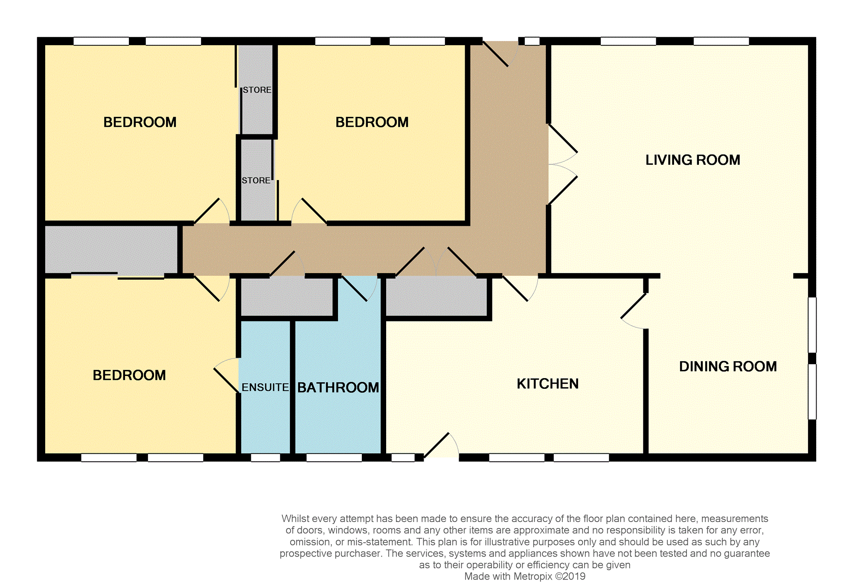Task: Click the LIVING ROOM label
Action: click(692, 160)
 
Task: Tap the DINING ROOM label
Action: click(728, 367)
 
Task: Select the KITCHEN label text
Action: click(547, 384)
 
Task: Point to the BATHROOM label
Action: click(338, 388)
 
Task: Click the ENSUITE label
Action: click(265, 387)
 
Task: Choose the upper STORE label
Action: click(257, 90)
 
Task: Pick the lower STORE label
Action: click(256, 181)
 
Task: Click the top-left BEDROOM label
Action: click(140, 122)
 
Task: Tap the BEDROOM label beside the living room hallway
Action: click(372, 122)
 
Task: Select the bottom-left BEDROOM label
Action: click(129, 376)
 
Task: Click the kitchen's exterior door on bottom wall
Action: click(441, 446)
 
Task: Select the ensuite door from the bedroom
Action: click(226, 375)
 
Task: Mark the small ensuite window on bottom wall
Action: click(265, 458)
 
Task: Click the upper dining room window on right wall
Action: click(812, 325)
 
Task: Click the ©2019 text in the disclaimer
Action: click(570, 577)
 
